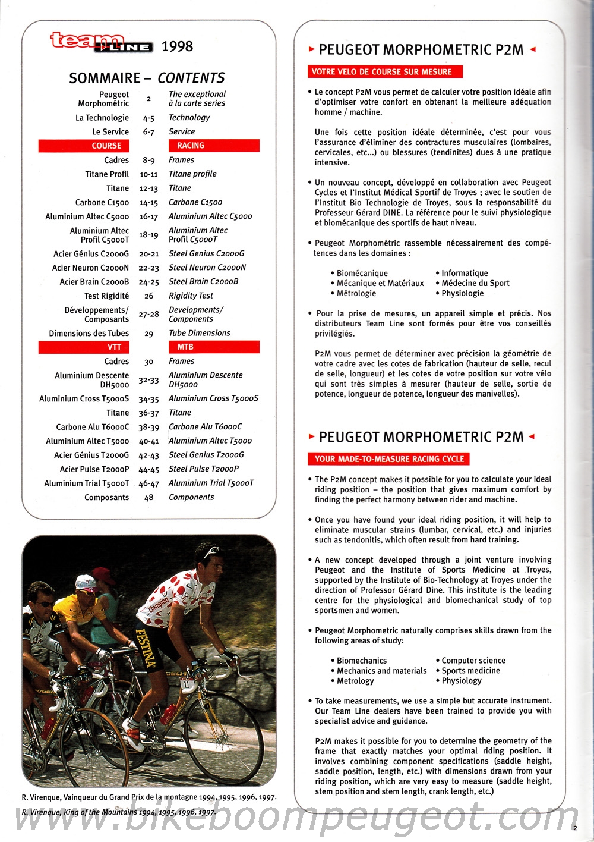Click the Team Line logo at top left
100,42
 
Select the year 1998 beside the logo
177,46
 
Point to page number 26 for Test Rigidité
148,296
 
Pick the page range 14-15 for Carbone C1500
148,203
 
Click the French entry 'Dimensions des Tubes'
89,333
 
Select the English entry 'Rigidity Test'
191,296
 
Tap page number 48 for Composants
148,498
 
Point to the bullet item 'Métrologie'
356,293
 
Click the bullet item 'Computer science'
473,661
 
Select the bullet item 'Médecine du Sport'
475,283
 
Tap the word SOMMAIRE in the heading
105,78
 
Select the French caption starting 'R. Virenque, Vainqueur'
149,797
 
